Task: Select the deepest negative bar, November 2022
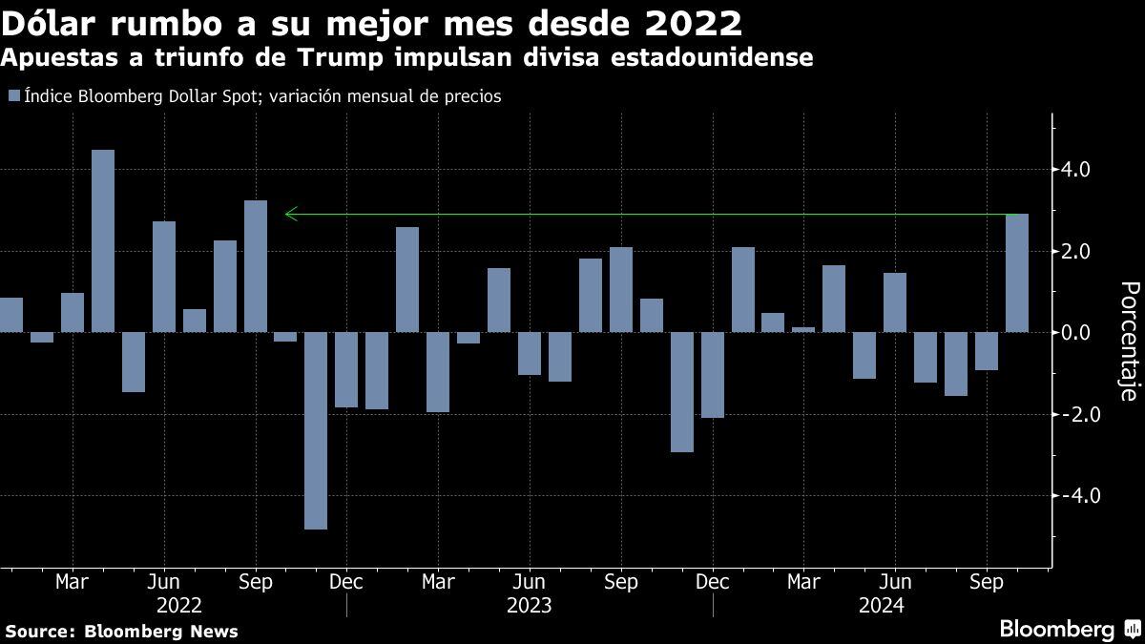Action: pyautogui.click(x=316, y=430)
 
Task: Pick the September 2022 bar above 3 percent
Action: pyautogui.click(x=256, y=266)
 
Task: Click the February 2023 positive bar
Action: pyautogui.click(x=407, y=280)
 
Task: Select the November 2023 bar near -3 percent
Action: pyautogui.click(x=682, y=392)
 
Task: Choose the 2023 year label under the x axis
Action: pyautogui.click(x=529, y=605)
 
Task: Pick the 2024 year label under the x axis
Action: pyautogui.click(x=882, y=605)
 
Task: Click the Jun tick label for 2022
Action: pyautogui.click(x=164, y=581)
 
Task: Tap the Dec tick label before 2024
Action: pyautogui.click(x=713, y=581)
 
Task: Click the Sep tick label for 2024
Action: pyautogui.click(x=988, y=581)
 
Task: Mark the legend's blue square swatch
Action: pyautogui.click(x=12, y=95)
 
